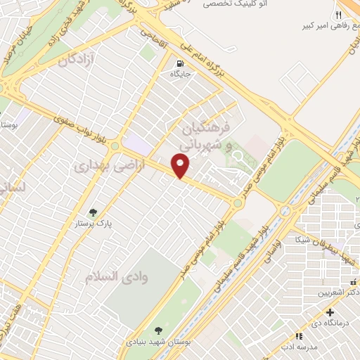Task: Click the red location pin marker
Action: click(181, 165)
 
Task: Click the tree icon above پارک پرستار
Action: click(92, 212)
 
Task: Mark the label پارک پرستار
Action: click(96, 225)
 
